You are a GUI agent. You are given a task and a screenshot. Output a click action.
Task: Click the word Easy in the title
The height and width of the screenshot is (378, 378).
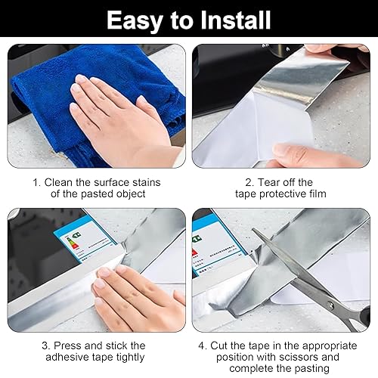pos(134,21)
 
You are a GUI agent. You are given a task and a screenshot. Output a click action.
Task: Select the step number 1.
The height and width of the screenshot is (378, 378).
pos(36,182)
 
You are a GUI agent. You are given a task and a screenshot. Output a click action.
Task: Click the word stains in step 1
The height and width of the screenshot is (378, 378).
pos(147,182)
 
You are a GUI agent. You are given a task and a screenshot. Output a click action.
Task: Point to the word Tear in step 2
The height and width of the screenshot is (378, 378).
pos(269,182)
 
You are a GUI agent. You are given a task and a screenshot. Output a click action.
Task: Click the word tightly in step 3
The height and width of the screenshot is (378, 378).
pos(130,358)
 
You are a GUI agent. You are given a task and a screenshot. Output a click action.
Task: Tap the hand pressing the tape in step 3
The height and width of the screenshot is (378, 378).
pos(138,300)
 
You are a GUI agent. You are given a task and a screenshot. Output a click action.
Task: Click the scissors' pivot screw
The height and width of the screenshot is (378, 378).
pos(330,306)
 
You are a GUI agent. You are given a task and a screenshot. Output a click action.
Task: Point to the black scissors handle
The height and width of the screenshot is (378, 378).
pos(363,320)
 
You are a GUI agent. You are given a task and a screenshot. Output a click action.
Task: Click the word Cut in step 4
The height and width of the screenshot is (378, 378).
pos(219,345)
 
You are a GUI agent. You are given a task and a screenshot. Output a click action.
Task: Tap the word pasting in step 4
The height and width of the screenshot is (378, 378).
pos(312,369)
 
